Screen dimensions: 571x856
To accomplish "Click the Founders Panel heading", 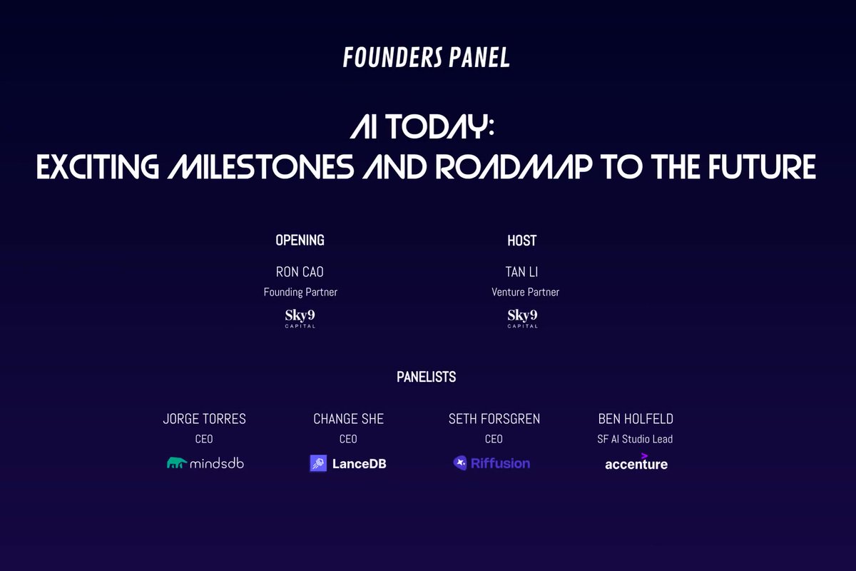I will (427, 57).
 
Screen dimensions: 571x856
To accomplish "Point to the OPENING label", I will (300, 241).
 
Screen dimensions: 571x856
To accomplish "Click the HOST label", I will (521, 241).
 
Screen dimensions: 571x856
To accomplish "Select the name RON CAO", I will (300, 272).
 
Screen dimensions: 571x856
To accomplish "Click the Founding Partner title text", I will (300, 292).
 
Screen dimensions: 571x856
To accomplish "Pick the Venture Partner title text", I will (525, 292).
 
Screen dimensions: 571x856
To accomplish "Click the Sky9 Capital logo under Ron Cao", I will (300, 318).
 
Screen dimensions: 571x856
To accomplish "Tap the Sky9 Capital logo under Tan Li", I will (523, 318).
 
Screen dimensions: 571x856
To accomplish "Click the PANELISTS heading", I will (426, 377).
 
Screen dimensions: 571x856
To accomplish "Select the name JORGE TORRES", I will (204, 419).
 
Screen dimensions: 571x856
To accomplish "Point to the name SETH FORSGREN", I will (494, 419).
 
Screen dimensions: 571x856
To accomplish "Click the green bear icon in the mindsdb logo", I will (177, 463).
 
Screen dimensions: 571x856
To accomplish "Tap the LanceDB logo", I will (348, 464).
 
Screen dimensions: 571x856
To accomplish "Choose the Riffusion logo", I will (491, 463).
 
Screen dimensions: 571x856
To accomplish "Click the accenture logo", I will (636, 463).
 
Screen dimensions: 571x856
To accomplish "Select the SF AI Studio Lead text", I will (635, 439).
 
